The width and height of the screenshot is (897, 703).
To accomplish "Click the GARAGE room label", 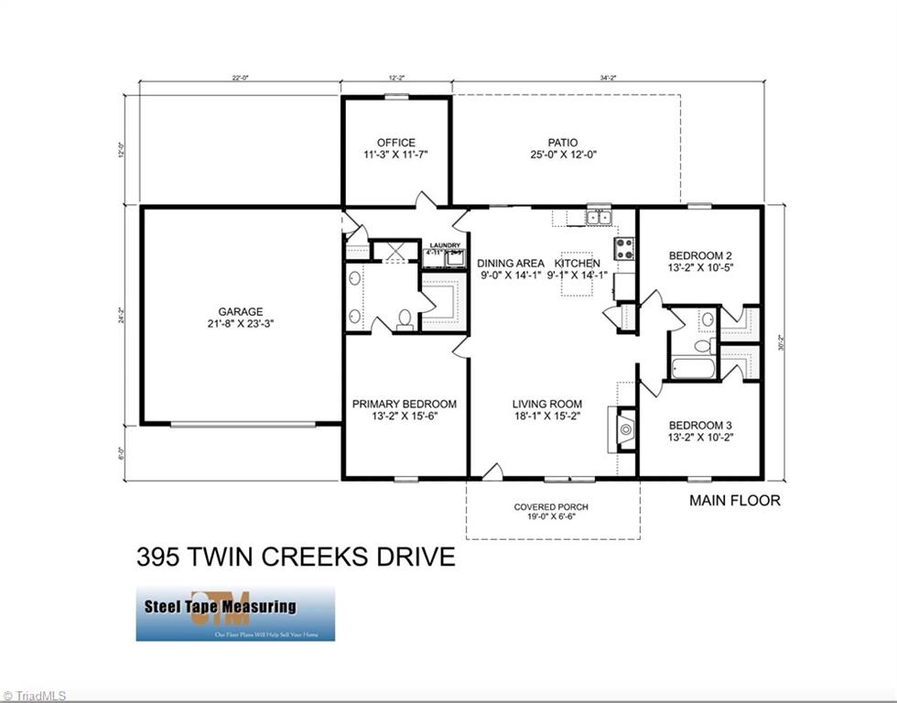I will pos(241,311).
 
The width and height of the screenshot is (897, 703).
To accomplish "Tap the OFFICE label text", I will pos(395,143).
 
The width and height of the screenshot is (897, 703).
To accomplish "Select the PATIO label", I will pos(562,143).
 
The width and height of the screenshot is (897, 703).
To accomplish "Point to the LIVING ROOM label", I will pos(546,404).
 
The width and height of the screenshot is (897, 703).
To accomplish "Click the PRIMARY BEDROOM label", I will pos(405,404).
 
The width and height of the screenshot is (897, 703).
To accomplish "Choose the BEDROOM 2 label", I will pos(700,255).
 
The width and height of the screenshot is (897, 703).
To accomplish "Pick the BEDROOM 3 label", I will pos(700,426).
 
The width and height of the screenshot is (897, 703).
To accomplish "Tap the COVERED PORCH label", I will pos(551,507).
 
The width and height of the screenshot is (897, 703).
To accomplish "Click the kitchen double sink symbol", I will pos(600,217).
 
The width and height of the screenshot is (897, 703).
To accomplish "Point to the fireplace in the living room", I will pos(626,428).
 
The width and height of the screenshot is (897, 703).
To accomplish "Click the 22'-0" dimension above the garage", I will pos(240,79).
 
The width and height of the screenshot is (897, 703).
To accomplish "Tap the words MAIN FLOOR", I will pos(734,501).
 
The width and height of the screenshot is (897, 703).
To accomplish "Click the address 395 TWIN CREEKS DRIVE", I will pos(295,557).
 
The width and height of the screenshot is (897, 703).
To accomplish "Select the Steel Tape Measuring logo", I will pos(235,613).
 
